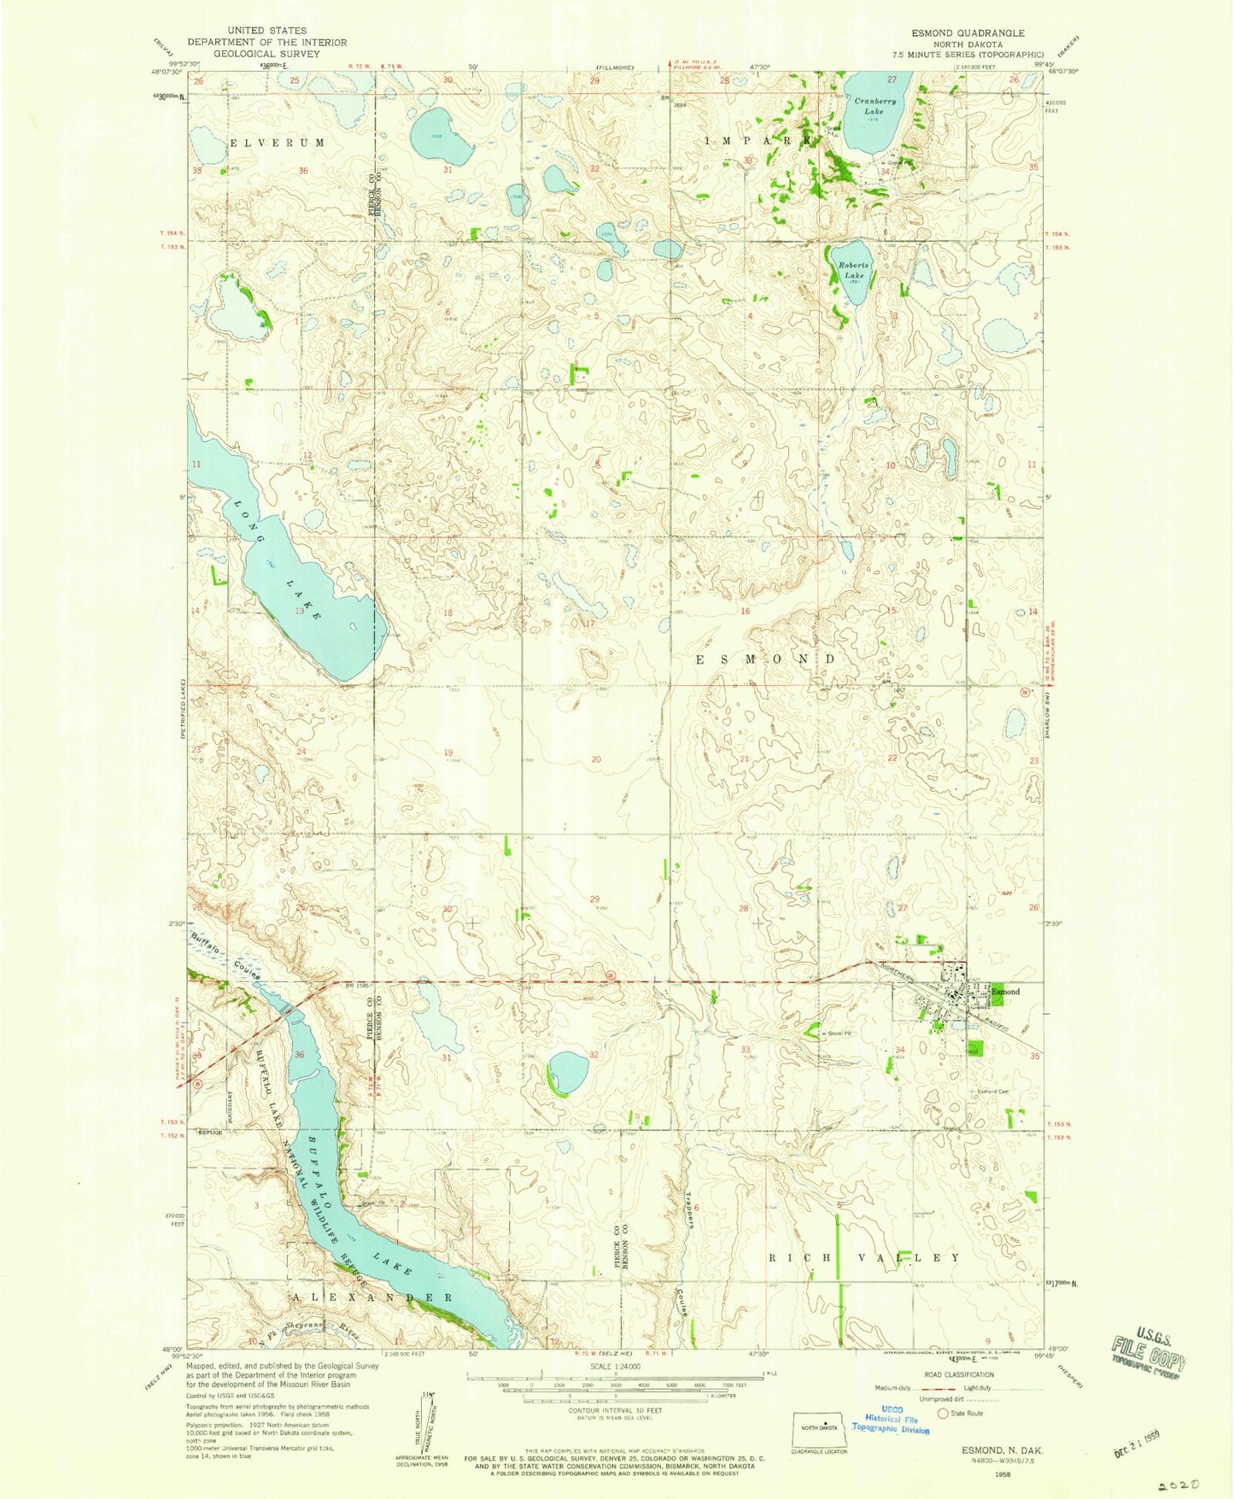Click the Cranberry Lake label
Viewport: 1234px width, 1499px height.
click(x=875, y=106)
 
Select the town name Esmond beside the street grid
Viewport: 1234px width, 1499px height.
click(x=1005, y=992)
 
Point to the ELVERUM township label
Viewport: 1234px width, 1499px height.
click(x=277, y=143)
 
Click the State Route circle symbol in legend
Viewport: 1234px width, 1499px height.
click(x=944, y=1414)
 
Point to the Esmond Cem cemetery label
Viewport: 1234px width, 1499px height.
click(x=993, y=1092)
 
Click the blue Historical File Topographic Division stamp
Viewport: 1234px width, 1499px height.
click(x=891, y=1422)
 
